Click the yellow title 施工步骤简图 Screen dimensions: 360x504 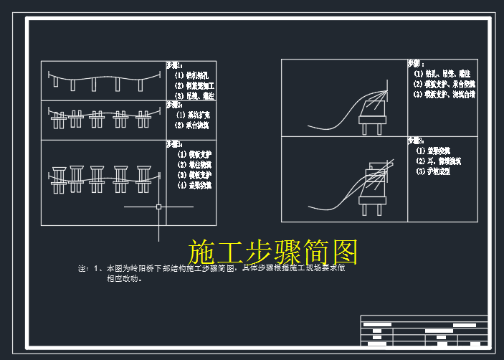tap(272, 252)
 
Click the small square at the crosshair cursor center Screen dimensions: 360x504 tap(158, 207)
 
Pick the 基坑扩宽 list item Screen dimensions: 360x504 tap(192, 115)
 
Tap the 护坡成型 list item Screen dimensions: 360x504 tap(433, 172)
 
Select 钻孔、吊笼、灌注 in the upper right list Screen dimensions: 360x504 tap(443, 73)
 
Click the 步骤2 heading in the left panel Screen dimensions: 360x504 tap(174, 105)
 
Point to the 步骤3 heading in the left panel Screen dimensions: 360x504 tap(174, 143)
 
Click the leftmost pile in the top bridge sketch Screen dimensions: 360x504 tap(56, 82)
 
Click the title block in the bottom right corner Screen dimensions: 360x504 tap(424, 331)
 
